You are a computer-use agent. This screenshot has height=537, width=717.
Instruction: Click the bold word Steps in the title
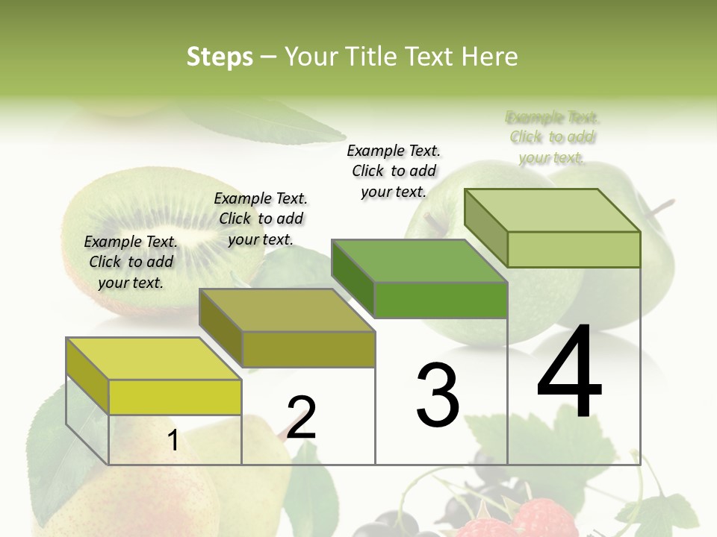220,57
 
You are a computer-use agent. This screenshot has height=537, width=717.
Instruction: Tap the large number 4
570,373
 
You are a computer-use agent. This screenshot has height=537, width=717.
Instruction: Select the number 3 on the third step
438,395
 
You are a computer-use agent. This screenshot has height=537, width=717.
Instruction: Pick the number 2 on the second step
302,418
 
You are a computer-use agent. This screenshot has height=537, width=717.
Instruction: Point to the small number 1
173,441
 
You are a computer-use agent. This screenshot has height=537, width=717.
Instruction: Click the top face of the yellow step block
154,359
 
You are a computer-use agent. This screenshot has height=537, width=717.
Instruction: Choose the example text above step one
131,262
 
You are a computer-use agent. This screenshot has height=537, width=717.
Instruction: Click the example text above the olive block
261,219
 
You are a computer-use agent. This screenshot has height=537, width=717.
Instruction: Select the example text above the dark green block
394,171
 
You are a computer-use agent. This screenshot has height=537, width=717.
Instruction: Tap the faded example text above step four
552,137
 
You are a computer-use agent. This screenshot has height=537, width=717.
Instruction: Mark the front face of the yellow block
175,397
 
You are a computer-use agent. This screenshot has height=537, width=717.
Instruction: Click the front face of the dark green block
441,300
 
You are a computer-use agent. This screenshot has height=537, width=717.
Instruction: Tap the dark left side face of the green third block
353,277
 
